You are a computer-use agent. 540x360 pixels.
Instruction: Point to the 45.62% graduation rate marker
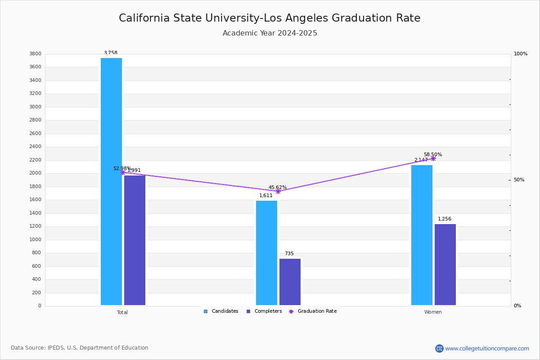tap(278, 191)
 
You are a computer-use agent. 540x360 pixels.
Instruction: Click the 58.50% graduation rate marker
tap(433, 158)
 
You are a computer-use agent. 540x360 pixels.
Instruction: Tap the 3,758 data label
tap(111, 53)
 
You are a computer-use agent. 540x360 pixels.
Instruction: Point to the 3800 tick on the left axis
tap(36, 54)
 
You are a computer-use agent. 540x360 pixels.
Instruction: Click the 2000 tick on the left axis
tap(36, 173)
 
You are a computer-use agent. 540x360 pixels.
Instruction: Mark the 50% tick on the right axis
tap(519, 180)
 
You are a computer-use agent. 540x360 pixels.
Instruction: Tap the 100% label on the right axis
tap(520, 54)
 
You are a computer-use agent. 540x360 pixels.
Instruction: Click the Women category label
tap(433, 312)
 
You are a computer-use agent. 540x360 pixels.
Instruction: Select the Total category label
tap(122, 312)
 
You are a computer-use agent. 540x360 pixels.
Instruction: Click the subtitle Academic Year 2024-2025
tap(270, 33)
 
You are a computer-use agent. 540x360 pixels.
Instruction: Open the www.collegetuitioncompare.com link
tap(487, 348)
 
